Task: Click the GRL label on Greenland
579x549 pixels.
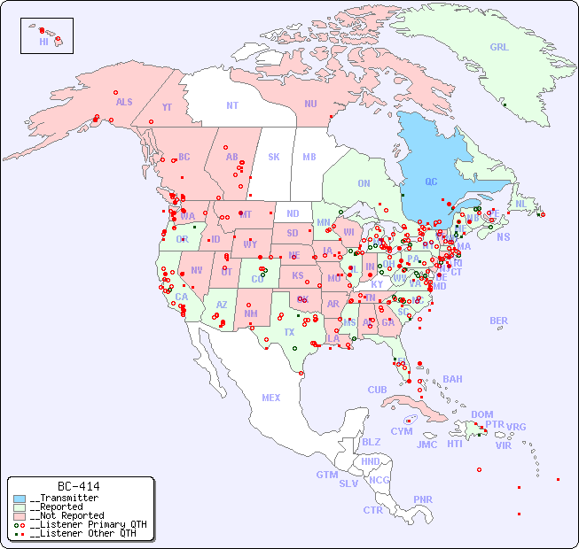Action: [x=499, y=48]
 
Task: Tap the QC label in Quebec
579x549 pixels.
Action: [x=431, y=182]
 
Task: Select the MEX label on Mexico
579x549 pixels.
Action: [x=271, y=398]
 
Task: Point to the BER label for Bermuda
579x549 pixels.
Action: [x=499, y=321]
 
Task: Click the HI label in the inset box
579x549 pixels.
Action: [x=43, y=42]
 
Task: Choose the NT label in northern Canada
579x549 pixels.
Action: [x=232, y=104]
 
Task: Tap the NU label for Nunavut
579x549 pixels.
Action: [x=310, y=104]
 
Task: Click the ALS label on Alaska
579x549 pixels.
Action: [x=124, y=102]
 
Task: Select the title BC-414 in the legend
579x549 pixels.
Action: [x=78, y=486]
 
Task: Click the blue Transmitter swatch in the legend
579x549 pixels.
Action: [x=20, y=499]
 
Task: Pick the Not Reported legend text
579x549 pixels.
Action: [x=67, y=515]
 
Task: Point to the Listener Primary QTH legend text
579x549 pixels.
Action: [x=88, y=524]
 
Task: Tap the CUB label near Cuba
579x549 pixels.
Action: [x=377, y=390]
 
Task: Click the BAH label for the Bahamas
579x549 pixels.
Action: [x=452, y=379]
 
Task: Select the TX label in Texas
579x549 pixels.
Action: [x=289, y=332]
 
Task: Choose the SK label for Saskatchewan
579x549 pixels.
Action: [x=274, y=157]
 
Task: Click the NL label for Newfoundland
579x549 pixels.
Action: [x=521, y=203]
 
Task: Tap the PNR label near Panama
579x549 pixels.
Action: [x=423, y=499]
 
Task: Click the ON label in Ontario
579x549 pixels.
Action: [x=364, y=183]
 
